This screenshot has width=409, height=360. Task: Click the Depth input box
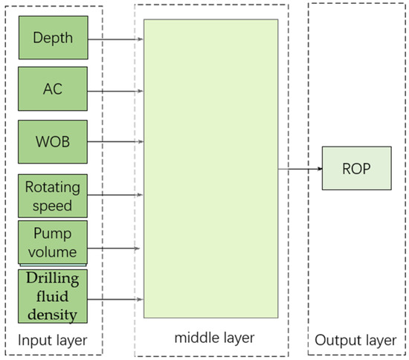53,37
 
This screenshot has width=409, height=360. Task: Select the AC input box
53,89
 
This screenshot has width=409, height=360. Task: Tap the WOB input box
53,141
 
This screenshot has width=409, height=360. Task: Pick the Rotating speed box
53,196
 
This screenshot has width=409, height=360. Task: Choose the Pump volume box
53,242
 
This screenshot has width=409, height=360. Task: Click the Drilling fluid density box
53,297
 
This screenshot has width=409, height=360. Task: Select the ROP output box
355,168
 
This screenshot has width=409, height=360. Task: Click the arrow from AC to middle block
115,91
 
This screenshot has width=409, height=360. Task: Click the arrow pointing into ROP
300,169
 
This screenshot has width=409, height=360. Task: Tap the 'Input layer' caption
53,341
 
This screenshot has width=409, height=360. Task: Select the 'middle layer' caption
215,338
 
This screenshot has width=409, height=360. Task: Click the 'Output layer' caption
355,341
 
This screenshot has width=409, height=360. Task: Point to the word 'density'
52,314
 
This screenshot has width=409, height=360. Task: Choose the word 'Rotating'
52,187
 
